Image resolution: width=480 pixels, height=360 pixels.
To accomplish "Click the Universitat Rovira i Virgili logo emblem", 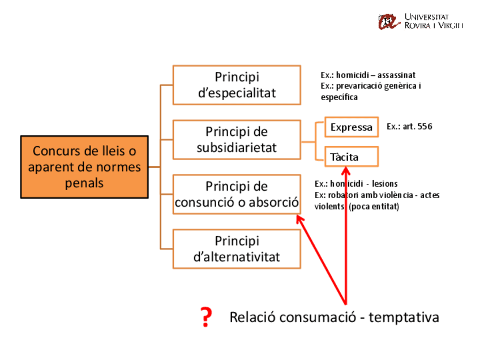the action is coord(389,22).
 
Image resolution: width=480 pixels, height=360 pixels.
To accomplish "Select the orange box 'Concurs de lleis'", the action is coord(84,167).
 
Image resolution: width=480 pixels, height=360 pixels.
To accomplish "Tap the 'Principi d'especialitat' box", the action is coord(237,85).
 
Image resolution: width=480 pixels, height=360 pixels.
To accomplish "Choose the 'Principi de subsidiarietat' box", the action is coord(237,140).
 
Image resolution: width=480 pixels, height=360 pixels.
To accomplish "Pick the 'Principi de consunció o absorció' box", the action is coord(237,194).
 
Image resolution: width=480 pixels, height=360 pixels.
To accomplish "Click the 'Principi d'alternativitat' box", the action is coord(237,248).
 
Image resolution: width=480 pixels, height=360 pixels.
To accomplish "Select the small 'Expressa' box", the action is coord(352,127).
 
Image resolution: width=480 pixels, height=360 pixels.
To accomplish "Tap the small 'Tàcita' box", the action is coord(352,157).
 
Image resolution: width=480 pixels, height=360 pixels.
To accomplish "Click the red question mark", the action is coord(207,318).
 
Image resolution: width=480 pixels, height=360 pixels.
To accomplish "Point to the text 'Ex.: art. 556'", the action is coord(409,127).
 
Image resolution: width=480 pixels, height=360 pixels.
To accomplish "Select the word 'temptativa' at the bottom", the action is coord(404,317).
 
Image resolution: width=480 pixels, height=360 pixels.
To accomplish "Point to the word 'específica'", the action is coord(339,97).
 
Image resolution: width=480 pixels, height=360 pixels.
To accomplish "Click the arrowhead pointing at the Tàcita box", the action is coord(345,172).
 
